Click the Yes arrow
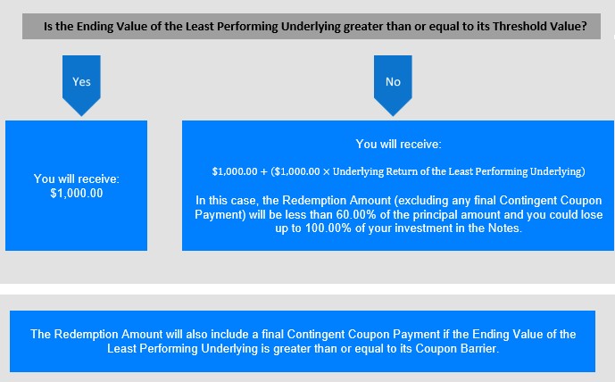[x=81, y=85]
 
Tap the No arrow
[x=393, y=85]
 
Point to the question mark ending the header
[x=584, y=26]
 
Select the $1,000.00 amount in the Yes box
[x=77, y=193]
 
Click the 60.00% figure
[x=353, y=214]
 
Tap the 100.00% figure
[x=328, y=228]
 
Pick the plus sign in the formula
[x=263, y=171]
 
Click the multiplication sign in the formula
[x=327, y=171]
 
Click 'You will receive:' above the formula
[x=398, y=144]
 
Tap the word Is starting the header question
[x=48, y=26]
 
